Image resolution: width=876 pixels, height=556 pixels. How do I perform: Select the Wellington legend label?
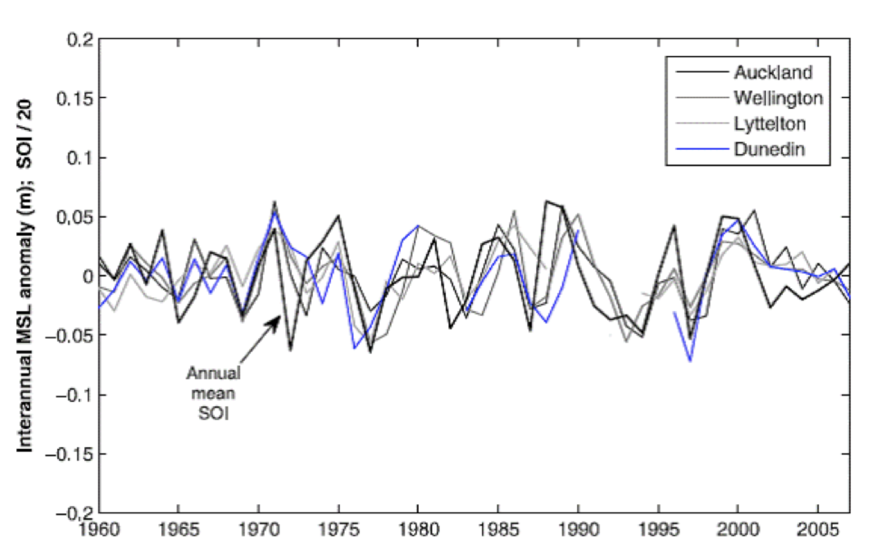tap(778, 98)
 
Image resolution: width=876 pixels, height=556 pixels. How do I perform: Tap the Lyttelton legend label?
tap(769, 124)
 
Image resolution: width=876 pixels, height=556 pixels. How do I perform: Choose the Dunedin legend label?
tap(769, 149)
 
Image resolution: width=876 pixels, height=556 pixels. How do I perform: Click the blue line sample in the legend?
tap(702, 149)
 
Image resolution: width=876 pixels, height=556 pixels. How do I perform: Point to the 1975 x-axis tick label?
tap(339, 529)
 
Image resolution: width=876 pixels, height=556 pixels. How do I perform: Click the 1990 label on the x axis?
tap(578, 529)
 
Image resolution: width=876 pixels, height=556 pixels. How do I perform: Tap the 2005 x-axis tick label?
tap(818, 529)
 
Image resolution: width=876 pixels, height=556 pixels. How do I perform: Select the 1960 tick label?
tap(99, 529)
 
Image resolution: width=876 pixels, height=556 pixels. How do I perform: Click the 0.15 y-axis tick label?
tap(75, 99)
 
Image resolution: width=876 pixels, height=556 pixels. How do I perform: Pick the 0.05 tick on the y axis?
tap(75, 217)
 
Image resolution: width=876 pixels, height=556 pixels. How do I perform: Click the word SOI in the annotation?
tap(213, 413)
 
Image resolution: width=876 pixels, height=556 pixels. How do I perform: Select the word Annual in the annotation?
tap(213, 373)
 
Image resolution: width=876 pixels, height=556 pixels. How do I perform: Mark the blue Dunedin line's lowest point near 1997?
tap(690, 361)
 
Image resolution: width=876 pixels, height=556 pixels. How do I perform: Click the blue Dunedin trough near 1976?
tap(355, 348)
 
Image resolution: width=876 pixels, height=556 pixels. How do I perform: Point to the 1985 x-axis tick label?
tap(498, 529)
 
